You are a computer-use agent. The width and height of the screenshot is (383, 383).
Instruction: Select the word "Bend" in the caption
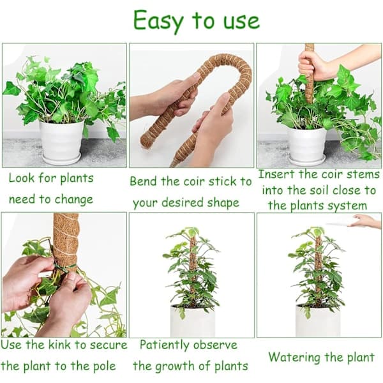tap(142, 181)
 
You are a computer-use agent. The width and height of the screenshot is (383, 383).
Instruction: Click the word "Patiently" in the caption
tap(165, 345)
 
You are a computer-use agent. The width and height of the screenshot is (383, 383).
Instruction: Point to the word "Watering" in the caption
tap(294, 357)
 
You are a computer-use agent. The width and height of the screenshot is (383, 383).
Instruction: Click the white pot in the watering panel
tap(318, 320)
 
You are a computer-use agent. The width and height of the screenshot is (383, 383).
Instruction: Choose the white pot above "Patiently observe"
tap(193, 321)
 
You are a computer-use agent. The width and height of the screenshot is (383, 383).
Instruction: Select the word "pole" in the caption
tap(104, 366)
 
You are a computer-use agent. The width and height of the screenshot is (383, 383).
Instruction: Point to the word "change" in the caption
tap(74, 200)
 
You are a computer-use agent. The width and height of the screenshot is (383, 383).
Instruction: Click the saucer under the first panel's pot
tap(61, 159)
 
